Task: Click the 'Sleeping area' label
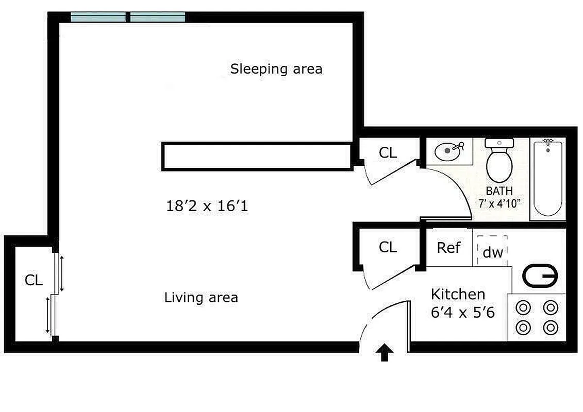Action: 276,69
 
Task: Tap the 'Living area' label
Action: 201,298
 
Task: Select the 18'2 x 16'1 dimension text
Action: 207,207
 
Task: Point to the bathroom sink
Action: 447,151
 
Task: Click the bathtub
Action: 547,178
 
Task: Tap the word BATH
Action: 499,192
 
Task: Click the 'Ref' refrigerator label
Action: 448,248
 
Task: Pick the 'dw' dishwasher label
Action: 492,253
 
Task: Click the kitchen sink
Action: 540,277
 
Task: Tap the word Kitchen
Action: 458,294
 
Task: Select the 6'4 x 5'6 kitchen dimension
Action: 463,312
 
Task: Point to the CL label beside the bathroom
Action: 388,153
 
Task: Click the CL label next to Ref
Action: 388,248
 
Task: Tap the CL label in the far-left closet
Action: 34,281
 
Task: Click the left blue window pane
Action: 98,18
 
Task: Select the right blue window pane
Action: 157,18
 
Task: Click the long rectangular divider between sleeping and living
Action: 257,157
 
